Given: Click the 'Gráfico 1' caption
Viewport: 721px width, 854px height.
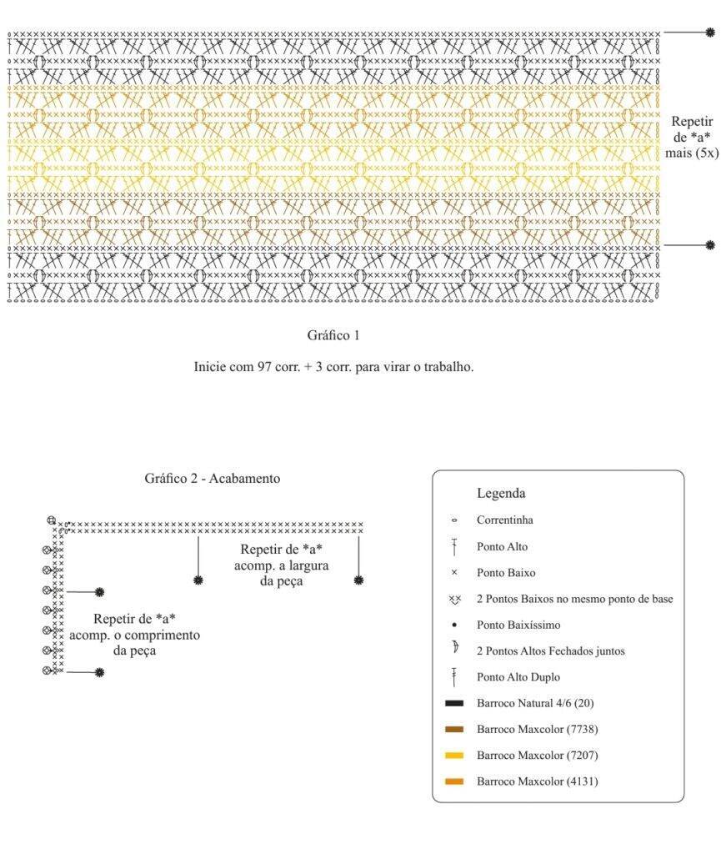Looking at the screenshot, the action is click(333, 335).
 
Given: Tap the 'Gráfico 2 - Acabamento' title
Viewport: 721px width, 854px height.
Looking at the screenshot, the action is click(213, 478).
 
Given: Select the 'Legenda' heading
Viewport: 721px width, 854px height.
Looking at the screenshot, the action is click(501, 493).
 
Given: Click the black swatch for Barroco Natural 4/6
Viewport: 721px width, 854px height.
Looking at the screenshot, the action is click(454, 703).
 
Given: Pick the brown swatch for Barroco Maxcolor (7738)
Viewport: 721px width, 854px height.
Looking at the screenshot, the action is click(454, 729).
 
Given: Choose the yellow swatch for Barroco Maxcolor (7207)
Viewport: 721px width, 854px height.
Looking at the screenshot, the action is click(454, 756).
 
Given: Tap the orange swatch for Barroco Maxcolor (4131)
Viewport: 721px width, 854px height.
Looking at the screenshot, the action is click(454, 781).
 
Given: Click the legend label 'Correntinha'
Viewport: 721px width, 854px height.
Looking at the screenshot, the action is click(505, 520).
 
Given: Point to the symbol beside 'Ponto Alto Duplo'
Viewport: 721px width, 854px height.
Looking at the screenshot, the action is click(453, 677).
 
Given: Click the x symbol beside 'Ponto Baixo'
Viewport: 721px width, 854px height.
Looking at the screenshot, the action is click(454, 572).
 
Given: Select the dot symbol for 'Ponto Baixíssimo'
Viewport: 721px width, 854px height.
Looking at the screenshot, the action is click(454, 625).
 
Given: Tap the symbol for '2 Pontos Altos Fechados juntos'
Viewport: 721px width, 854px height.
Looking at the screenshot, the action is click(455, 647).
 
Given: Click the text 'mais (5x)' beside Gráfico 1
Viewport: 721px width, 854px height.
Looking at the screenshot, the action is click(692, 153).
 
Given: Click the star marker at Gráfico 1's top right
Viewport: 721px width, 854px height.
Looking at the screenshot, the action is click(709, 33).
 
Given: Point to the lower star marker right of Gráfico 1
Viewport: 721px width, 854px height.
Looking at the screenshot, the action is click(709, 245).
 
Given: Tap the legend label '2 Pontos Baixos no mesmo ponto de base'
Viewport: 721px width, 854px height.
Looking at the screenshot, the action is click(574, 599).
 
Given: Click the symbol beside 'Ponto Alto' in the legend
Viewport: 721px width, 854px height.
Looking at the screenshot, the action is click(453, 547).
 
